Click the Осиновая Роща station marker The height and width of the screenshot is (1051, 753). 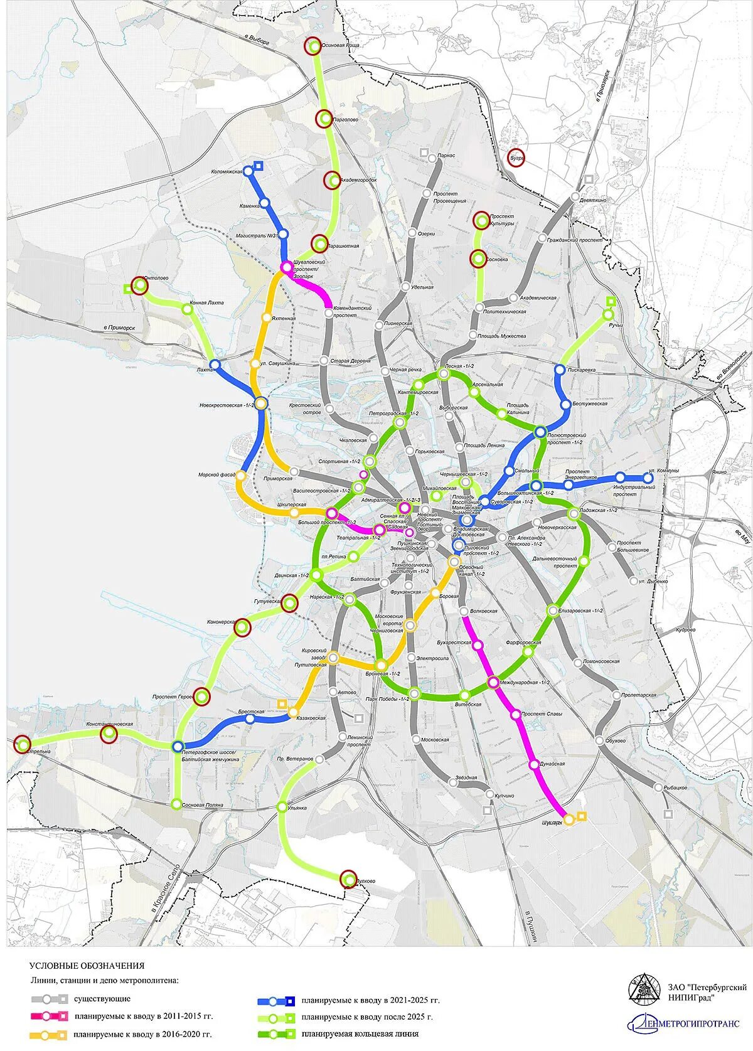coord(312,46)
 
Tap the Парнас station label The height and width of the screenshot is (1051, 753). coord(447,155)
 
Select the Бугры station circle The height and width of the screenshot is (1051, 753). coord(516,158)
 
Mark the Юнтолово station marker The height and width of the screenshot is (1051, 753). coord(140,285)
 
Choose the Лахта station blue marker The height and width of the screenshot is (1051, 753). coord(215,365)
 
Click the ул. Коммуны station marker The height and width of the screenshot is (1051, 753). coord(648,478)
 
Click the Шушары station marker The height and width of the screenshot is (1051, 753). coord(569,819)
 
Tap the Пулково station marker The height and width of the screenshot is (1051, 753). coord(349,880)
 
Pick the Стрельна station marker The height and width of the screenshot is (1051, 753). coord(23,744)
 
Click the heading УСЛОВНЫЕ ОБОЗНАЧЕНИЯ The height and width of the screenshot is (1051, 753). coord(87,966)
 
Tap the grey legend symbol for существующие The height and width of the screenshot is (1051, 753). coord(49,999)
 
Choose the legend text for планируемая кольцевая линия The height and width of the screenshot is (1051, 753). coord(360,1034)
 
